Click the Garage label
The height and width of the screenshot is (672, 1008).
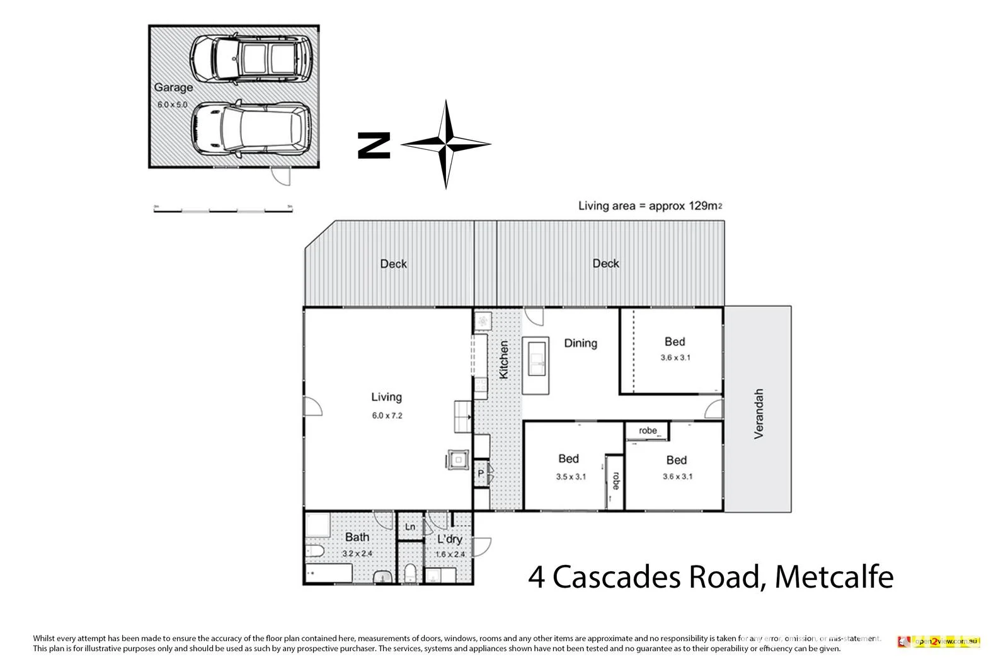[173, 88]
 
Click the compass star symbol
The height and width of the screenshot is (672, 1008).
[446, 144]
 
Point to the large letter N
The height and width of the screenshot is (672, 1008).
[374, 145]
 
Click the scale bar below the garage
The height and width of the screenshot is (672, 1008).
[224, 209]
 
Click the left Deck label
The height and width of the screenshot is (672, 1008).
[394, 264]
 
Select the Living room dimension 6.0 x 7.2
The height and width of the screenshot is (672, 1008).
[386, 416]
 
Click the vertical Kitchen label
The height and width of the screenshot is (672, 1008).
[503, 360]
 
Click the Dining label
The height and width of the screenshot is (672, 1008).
[580, 343]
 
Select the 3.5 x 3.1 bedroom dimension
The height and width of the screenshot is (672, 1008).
[571, 477]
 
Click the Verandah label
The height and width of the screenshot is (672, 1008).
[759, 413]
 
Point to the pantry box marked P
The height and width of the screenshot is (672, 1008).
[481, 473]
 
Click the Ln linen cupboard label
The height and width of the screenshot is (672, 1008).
[410, 527]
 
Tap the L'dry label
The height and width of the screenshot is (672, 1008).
[450, 539]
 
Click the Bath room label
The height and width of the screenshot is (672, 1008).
[357, 537]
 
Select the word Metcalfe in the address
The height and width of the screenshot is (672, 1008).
[833, 577]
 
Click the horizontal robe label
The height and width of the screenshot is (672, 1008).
[648, 431]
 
